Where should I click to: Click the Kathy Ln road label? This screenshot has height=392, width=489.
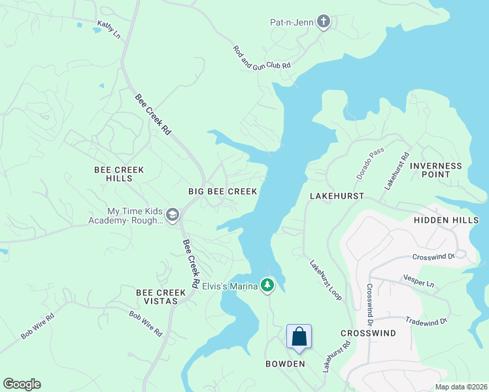[x=109, y=29]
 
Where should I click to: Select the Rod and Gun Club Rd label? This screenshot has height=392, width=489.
[x=261, y=58]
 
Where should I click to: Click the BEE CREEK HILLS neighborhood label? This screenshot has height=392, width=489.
[x=119, y=174]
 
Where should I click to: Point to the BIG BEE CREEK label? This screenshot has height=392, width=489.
[x=222, y=191]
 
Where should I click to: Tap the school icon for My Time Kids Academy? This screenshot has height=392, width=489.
[x=173, y=215]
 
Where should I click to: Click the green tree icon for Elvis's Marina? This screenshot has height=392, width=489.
[x=267, y=285]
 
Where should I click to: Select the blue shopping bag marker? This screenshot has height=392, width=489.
[x=299, y=336]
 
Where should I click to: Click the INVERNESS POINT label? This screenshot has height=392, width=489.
[x=435, y=170]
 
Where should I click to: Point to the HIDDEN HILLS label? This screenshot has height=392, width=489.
[x=450, y=221]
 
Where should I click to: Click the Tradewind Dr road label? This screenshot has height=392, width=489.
[x=426, y=321]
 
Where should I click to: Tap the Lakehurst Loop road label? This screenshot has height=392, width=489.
[x=326, y=280]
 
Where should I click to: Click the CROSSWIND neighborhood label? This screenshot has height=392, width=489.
[x=368, y=333]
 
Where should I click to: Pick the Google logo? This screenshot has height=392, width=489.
[x=22, y=384]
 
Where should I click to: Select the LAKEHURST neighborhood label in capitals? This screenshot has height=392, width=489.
[x=336, y=196]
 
